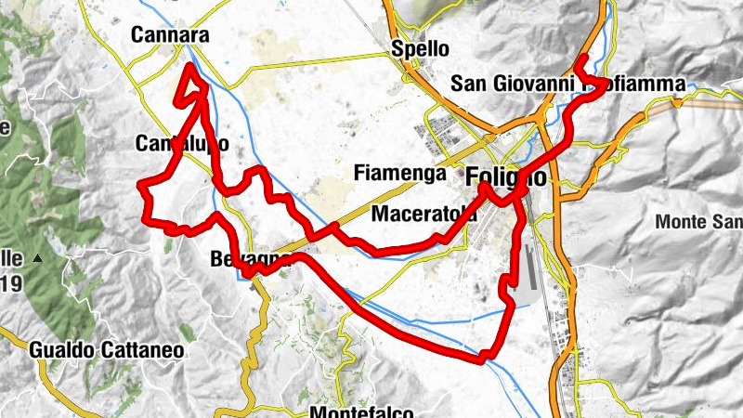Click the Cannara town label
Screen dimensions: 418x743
pyautogui.click(x=169, y=35)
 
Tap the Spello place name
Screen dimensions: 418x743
pyautogui.click(x=420, y=48)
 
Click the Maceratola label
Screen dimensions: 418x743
pyautogui.click(x=424, y=214)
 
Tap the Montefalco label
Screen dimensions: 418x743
pyautogui.click(x=362, y=411)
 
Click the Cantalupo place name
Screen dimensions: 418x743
pyautogui.click(x=182, y=144)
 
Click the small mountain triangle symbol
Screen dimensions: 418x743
pyautogui.click(x=38, y=257)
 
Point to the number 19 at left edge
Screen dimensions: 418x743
pyautogui.click(x=11, y=284)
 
